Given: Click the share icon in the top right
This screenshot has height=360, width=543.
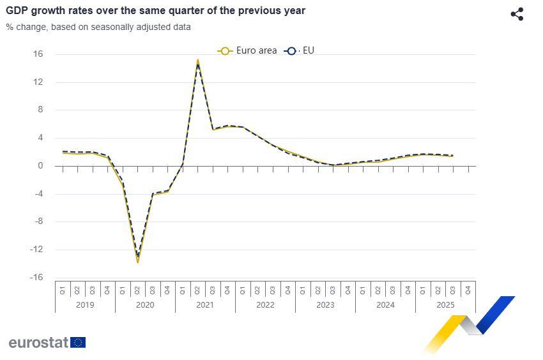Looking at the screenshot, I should [x=517, y=14].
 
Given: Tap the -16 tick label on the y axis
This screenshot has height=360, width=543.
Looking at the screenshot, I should [x=36, y=278].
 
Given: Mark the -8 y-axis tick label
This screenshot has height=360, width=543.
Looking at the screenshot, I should [x=38, y=221].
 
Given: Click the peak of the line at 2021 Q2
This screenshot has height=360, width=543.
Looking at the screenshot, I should [x=198, y=61].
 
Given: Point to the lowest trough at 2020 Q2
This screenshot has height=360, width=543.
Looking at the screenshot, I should [x=137, y=262].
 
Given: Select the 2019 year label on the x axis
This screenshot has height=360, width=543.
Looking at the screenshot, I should [x=85, y=304].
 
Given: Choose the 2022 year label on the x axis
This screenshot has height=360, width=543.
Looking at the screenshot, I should [x=265, y=304].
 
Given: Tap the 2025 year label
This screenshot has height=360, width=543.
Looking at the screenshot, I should [x=445, y=304].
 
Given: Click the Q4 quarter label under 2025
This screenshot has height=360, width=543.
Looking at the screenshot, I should [x=468, y=289].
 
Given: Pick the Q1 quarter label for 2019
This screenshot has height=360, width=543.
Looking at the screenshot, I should [x=63, y=289].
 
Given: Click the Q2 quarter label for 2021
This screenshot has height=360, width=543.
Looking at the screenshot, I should [x=198, y=289].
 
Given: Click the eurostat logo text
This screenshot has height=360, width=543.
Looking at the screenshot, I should [x=38, y=343].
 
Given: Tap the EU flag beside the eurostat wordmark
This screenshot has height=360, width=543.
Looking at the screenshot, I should [x=78, y=343].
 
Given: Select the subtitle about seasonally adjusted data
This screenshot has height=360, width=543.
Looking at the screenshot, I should [x=98, y=27].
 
